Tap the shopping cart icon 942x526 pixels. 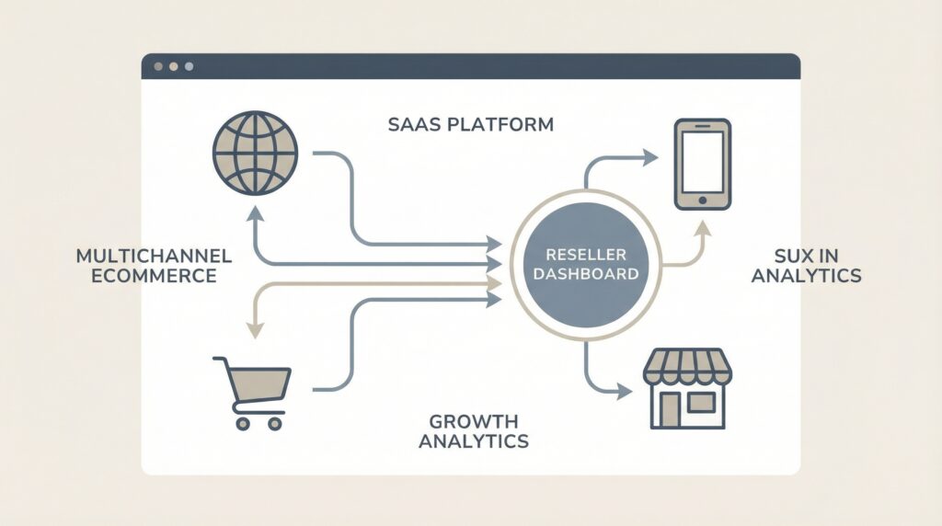tap(251, 390)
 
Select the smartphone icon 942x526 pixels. tap(702, 164)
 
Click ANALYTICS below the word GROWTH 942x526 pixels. tap(474, 441)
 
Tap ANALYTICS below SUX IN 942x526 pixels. tap(807, 275)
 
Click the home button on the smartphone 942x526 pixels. tap(702, 199)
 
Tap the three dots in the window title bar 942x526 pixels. tap(173, 66)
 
